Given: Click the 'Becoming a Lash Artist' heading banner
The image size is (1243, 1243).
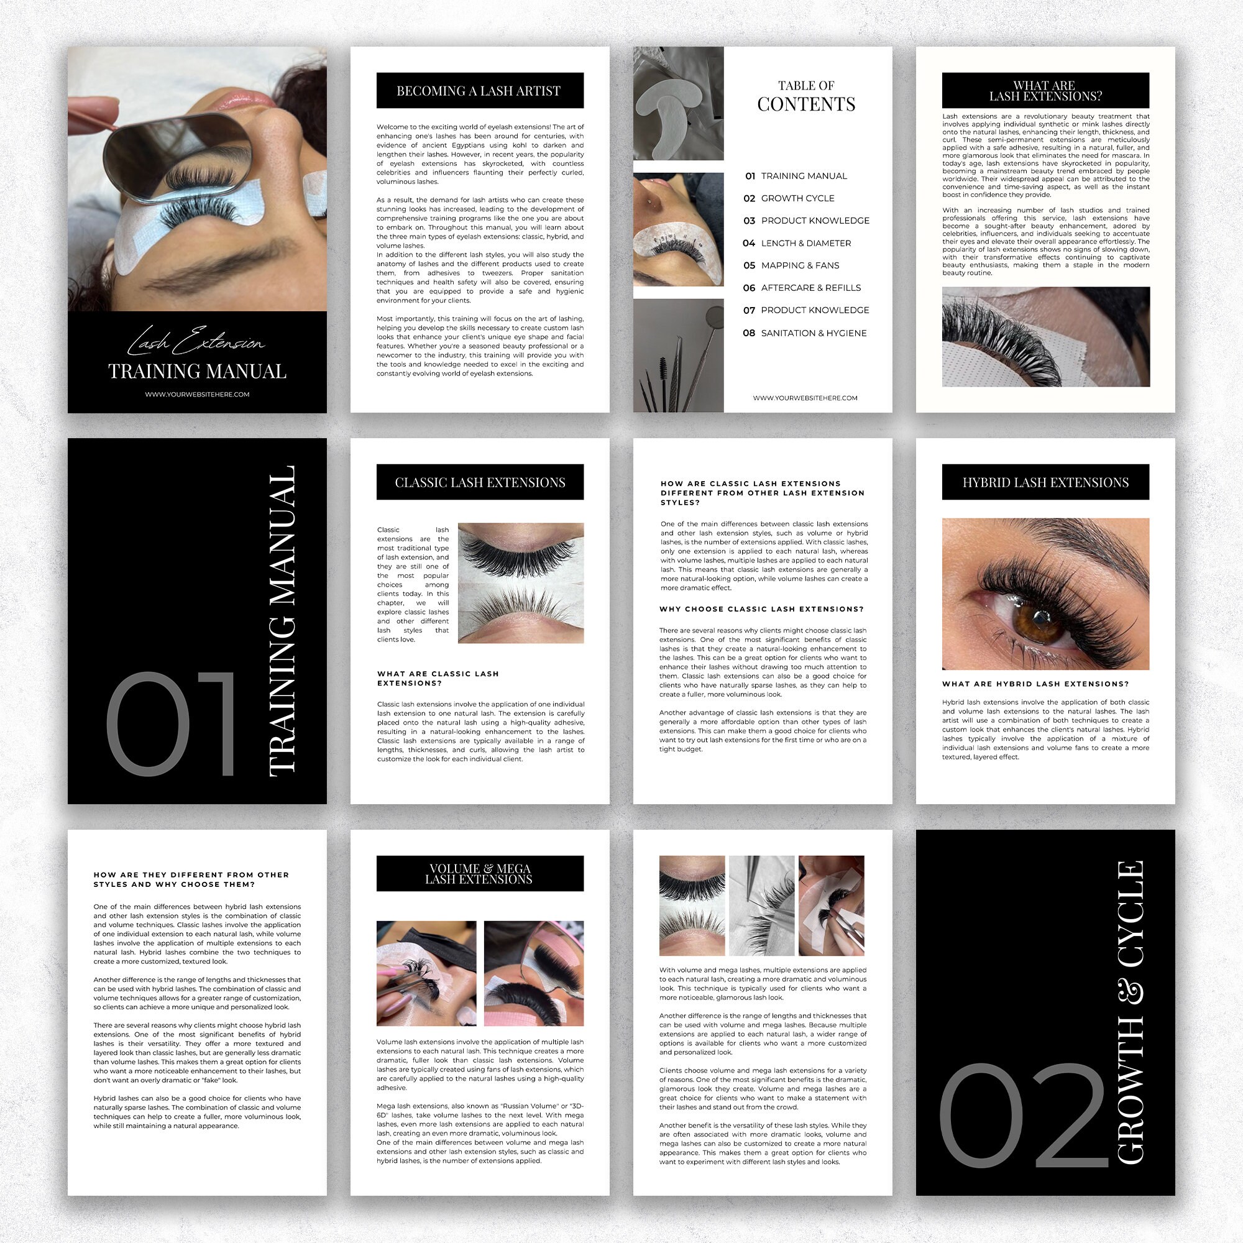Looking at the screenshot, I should point(479,91).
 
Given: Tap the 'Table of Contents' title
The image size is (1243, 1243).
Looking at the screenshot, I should point(805,96).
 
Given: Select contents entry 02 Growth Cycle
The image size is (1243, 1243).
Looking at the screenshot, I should point(797,198).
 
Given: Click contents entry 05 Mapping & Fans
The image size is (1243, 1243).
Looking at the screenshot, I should point(800,266).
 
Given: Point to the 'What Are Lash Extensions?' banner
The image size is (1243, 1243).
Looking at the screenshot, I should point(1045,91).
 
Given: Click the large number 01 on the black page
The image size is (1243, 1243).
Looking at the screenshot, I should point(170,724).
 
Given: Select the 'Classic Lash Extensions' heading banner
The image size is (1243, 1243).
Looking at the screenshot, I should point(479,482).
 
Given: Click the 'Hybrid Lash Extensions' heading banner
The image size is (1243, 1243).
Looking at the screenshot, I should point(1045,482).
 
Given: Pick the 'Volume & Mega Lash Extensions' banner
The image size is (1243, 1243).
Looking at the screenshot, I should point(479,874).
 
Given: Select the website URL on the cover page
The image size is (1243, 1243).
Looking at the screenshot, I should point(197,395).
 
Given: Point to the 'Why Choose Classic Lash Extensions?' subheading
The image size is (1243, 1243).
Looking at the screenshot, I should point(761,609).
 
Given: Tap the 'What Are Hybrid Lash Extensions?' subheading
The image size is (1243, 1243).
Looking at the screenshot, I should point(1035,684).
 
